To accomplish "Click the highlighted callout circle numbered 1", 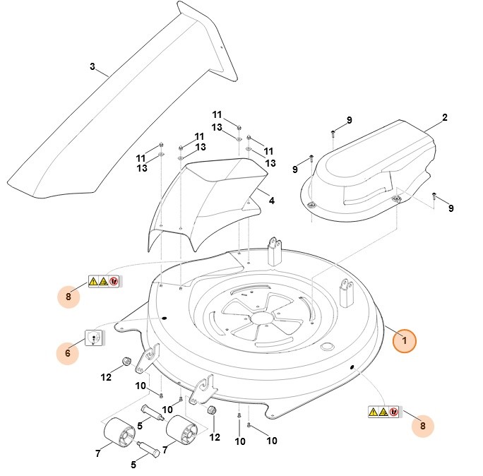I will pyautogui.click(x=404, y=340).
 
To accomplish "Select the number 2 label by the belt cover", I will pyautogui.click(x=444, y=117).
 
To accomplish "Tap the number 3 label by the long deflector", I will pyautogui.click(x=92, y=67).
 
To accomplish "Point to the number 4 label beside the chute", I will pyautogui.click(x=271, y=201).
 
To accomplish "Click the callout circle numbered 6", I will pyautogui.click(x=68, y=351).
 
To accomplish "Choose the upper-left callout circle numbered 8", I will pyautogui.click(x=68, y=296).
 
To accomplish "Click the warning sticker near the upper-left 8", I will pyautogui.click(x=104, y=282).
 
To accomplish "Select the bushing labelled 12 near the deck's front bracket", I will pyautogui.click(x=210, y=412).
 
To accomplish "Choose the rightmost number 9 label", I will pyautogui.click(x=451, y=208).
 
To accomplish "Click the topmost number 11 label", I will pyautogui.click(x=217, y=114).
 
